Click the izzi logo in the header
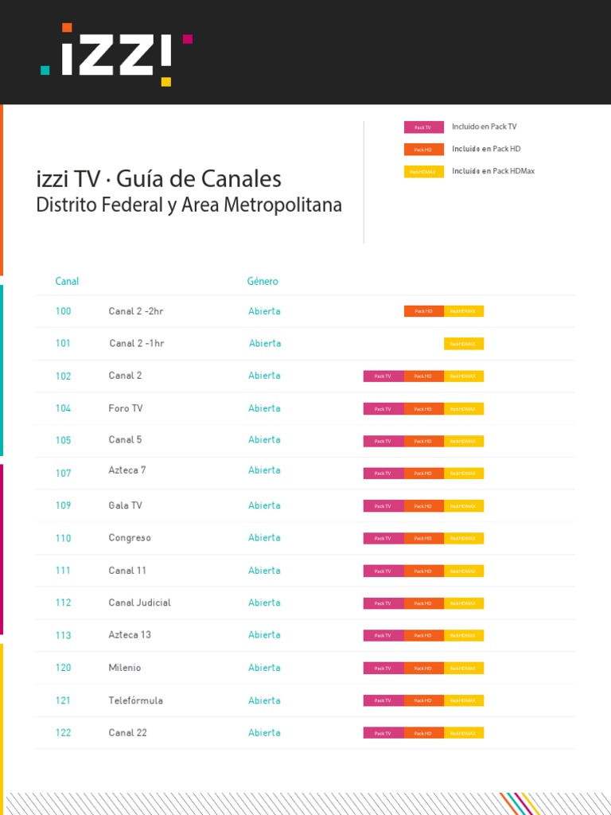(x=116, y=55)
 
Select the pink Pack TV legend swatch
(x=423, y=127)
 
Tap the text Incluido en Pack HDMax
(x=493, y=171)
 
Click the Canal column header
(x=67, y=281)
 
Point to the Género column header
(x=263, y=281)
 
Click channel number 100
(x=64, y=311)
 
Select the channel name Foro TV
(x=126, y=408)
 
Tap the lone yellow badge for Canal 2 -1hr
(x=464, y=344)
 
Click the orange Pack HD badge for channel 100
(x=423, y=311)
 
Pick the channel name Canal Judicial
(x=139, y=602)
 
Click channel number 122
(x=64, y=733)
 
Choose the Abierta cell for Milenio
(x=264, y=668)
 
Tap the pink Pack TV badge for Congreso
(x=383, y=539)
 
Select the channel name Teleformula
(x=135, y=700)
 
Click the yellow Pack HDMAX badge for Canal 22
(x=464, y=733)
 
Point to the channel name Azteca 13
(x=130, y=635)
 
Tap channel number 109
(x=64, y=505)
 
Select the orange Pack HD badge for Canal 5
(x=423, y=441)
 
